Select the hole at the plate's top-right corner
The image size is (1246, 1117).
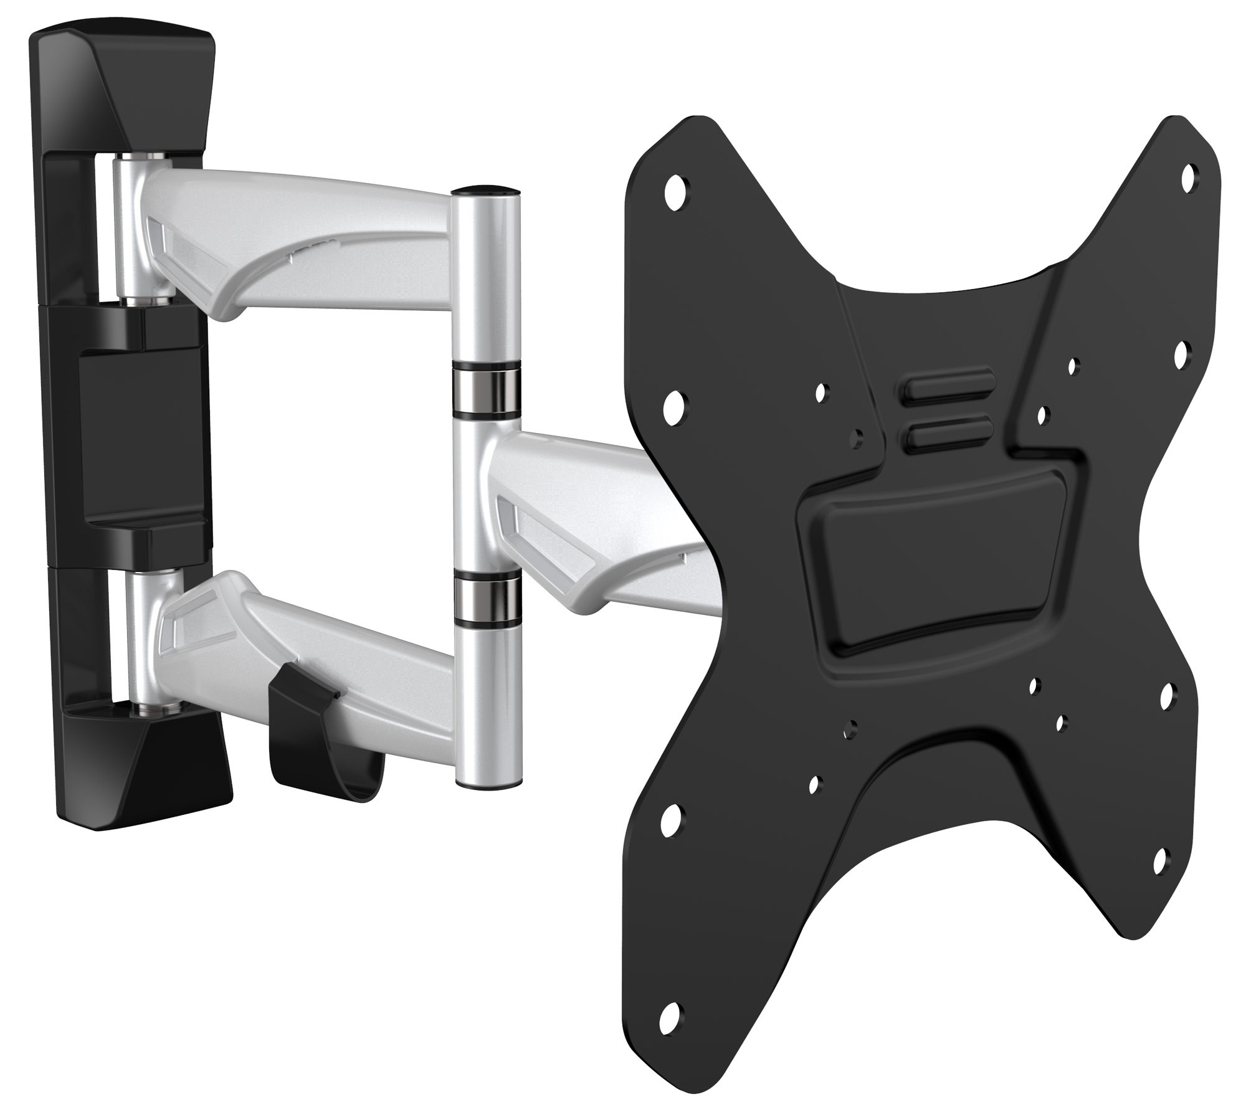pos(1189,173)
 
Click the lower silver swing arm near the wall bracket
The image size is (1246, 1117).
pos(249,629)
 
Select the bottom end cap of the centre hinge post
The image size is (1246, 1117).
pos(487,784)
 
